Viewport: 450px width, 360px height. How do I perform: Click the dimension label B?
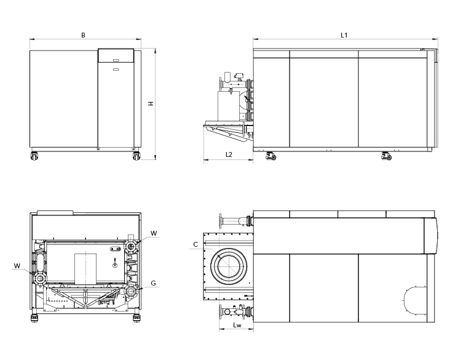[x=83, y=35]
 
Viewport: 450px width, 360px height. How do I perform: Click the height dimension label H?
[x=151, y=104]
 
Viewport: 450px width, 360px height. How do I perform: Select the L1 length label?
[x=344, y=35]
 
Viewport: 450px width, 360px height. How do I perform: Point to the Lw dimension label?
[x=237, y=324]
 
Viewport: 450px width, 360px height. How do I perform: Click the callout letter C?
[x=195, y=244]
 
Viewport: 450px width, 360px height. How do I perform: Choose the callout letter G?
[x=153, y=284]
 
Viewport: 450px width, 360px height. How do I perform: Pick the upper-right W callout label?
[x=154, y=233]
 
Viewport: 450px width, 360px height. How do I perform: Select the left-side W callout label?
[x=17, y=266]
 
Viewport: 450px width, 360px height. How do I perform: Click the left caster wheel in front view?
[x=33, y=156]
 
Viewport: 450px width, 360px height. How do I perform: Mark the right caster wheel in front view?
[x=135, y=156]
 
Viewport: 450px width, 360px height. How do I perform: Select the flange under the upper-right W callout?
[x=132, y=247]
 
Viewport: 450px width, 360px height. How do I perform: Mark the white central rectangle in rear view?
[x=85, y=270]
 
